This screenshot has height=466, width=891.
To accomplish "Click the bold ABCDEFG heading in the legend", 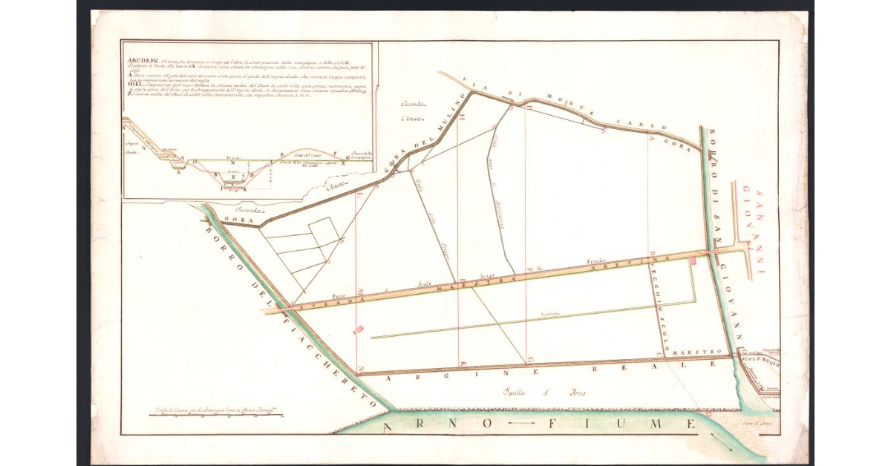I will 142,61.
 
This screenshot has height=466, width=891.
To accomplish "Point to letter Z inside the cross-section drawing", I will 232,177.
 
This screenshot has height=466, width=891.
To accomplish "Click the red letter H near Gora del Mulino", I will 462,117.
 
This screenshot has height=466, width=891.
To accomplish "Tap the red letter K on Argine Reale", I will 463,364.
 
